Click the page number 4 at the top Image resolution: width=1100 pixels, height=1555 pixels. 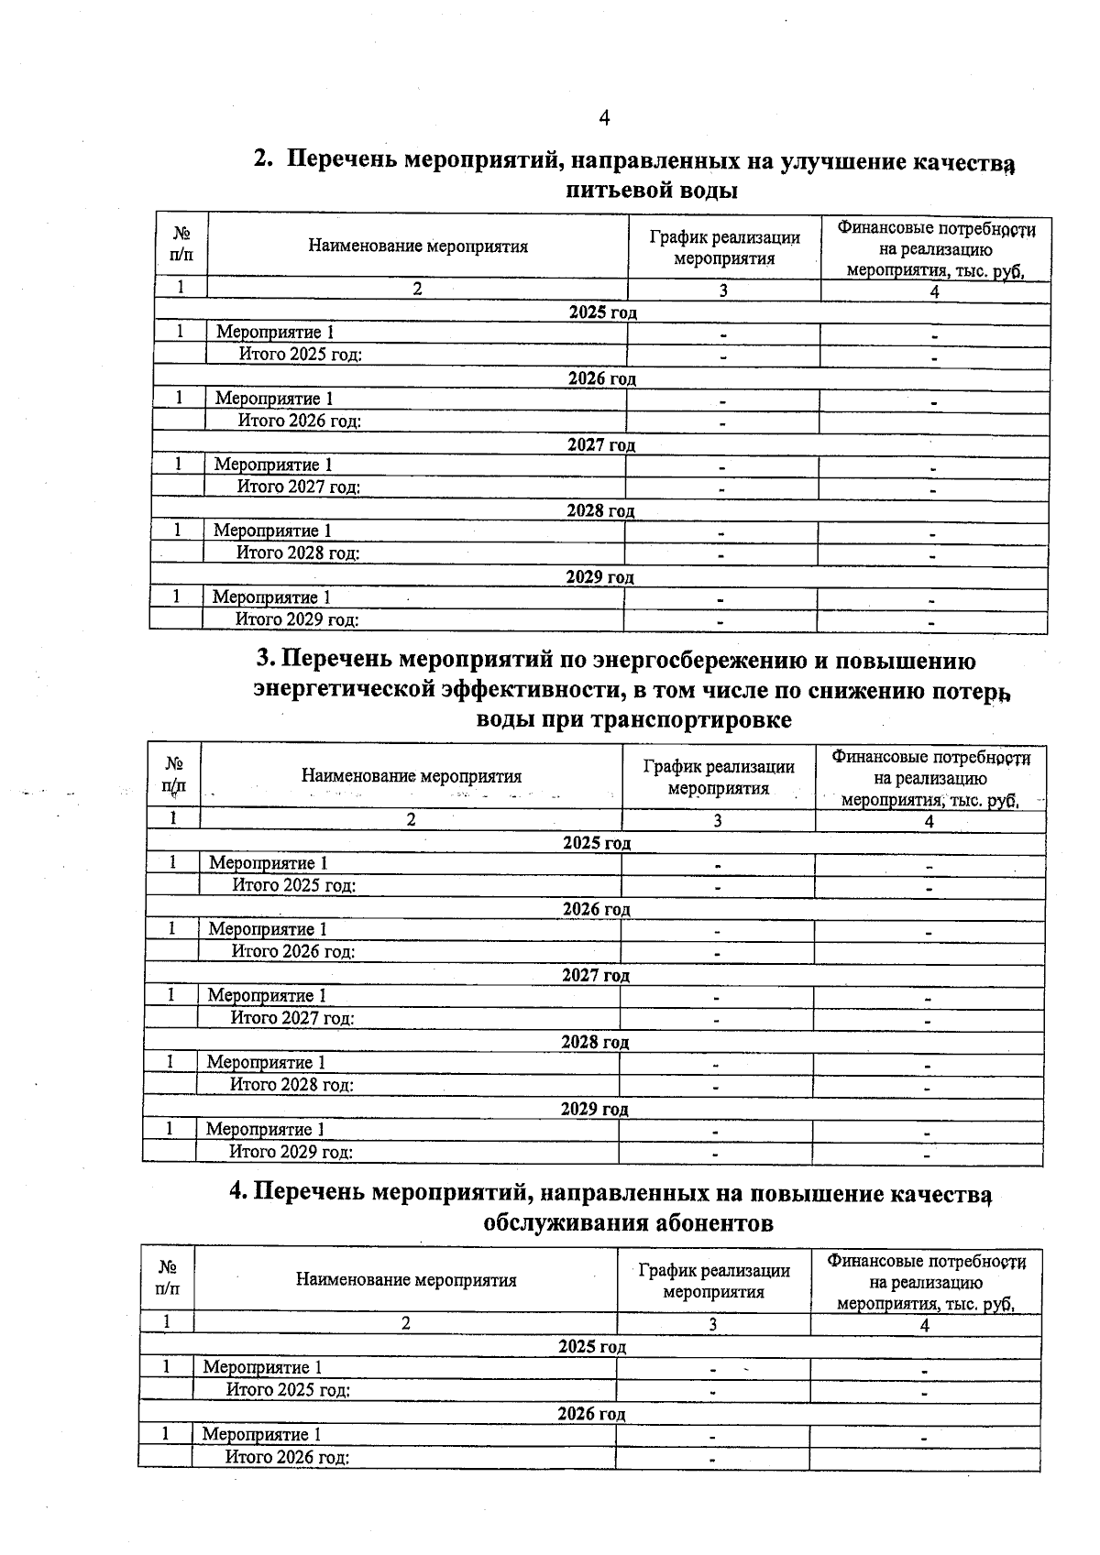[603, 117]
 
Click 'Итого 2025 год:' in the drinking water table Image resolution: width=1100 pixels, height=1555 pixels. [301, 355]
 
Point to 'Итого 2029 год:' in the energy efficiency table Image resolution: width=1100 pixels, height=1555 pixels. [291, 1152]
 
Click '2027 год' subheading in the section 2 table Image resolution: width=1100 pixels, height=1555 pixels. [601, 445]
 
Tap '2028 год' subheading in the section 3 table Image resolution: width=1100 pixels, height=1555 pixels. [595, 1043]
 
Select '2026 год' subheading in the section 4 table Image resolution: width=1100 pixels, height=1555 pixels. [591, 1414]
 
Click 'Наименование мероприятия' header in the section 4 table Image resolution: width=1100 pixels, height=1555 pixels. [406, 1280]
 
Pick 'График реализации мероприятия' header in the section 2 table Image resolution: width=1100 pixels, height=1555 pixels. [724, 247]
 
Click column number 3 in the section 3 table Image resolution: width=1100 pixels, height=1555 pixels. [718, 821]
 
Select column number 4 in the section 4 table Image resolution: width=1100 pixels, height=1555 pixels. [925, 1325]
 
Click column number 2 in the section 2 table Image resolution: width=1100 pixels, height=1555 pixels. [417, 289]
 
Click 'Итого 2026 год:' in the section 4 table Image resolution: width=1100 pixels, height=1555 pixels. [288, 1457]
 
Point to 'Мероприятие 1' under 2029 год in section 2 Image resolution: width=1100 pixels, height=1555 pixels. [271, 597]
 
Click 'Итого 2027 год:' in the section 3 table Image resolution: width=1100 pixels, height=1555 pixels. [292, 1017]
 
